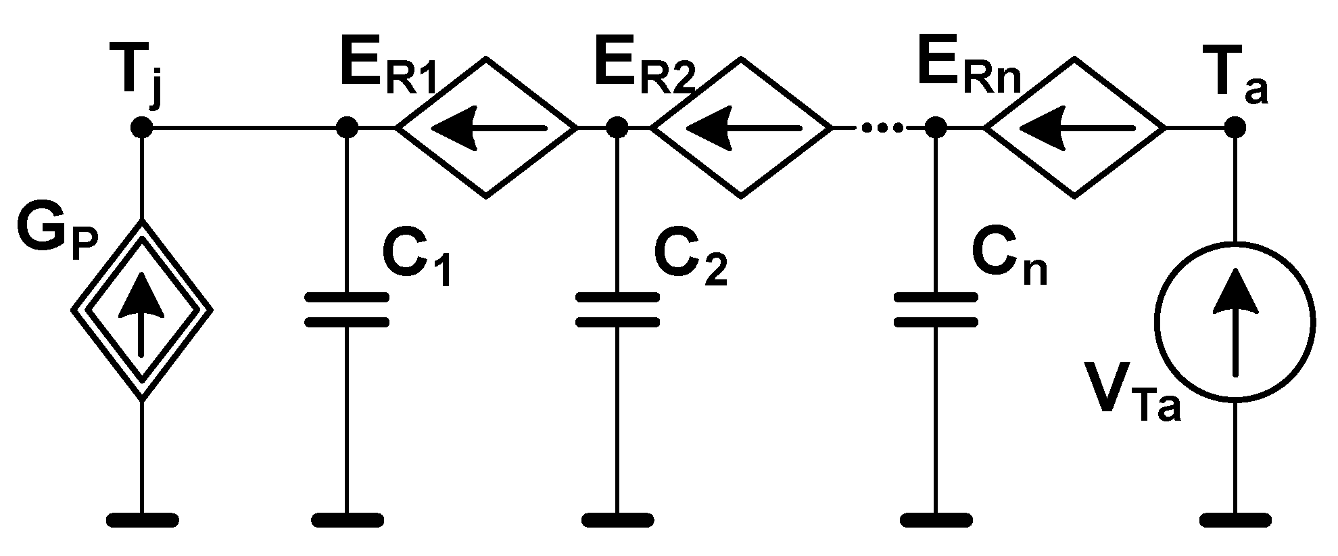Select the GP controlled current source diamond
coord(142,310)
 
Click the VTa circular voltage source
coord(1235,322)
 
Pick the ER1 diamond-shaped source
coord(486,127)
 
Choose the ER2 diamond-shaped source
coord(741,127)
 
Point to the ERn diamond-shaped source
coord(1074,127)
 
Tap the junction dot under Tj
coord(142,127)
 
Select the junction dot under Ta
coord(1235,127)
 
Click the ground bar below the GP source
coord(143,519)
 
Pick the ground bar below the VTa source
coord(1235,519)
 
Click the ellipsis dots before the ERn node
coord(879,127)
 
